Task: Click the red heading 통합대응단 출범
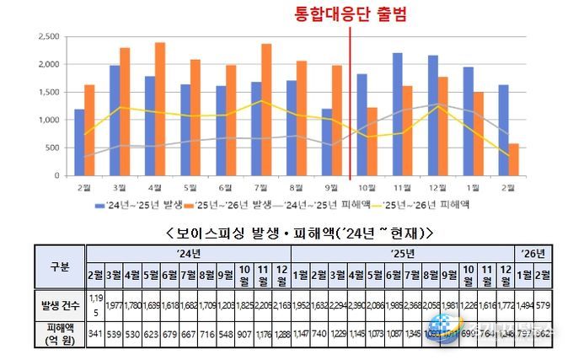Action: (348, 14)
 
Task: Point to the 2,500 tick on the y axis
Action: (46, 37)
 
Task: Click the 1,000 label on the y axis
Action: (46, 120)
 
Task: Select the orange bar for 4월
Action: (160, 109)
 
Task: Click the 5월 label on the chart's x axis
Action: (190, 187)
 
